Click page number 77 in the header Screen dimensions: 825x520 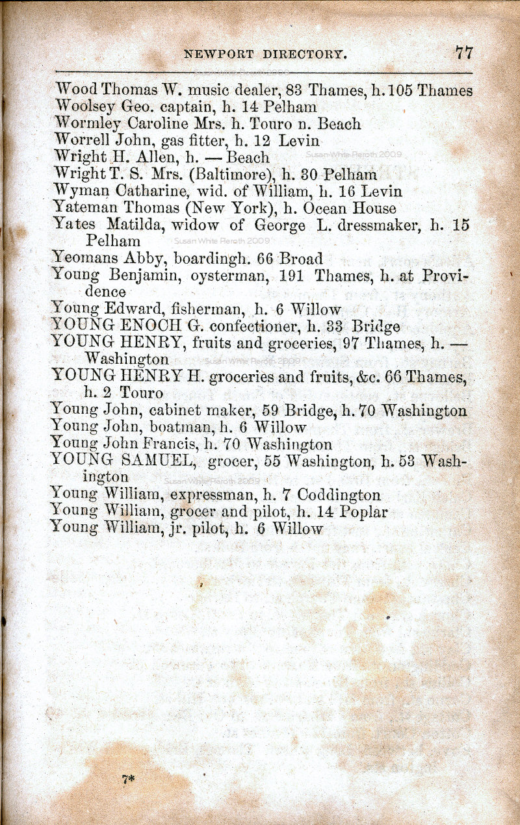(x=464, y=53)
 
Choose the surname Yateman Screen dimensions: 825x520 (x=82, y=209)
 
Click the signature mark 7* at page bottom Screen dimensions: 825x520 (x=127, y=779)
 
